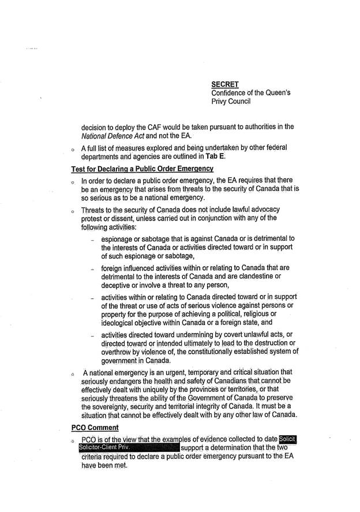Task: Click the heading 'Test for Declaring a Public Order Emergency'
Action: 142,169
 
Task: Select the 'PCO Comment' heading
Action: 95,428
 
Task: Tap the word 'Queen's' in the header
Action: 276,93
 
